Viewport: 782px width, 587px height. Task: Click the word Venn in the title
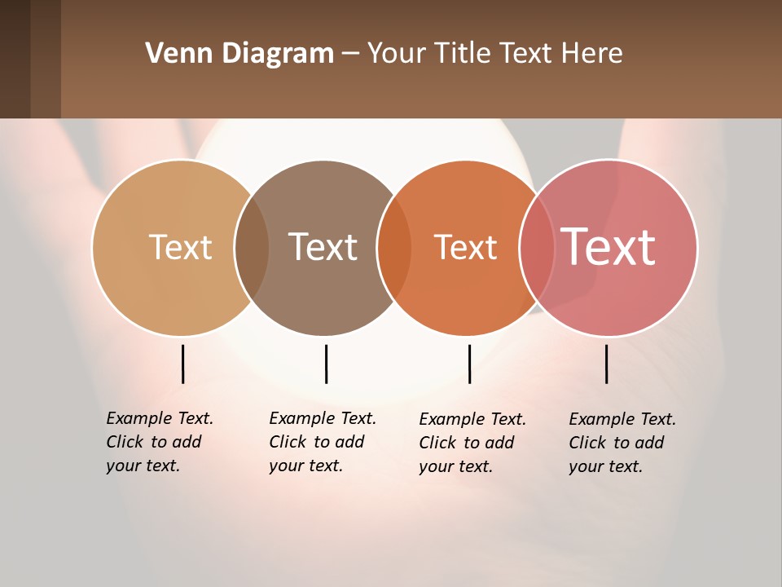[x=178, y=54]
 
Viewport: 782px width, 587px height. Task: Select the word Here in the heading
[x=593, y=54]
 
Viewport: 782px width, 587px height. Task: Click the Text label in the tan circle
[x=180, y=247]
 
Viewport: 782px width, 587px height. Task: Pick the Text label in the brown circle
[x=323, y=247]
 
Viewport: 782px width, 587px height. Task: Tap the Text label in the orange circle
[x=465, y=247]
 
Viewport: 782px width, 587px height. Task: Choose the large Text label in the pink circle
[x=608, y=247]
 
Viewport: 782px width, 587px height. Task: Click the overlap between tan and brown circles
[x=252, y=247]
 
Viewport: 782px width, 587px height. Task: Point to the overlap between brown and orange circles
[x=394, y=247]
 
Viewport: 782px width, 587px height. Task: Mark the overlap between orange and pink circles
[x=537, y=247]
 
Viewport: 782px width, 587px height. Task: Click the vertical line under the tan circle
[x=182, y=364]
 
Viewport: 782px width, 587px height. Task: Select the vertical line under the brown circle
[x=326, y=364]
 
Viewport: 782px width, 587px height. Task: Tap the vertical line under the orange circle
[x=469, y=364]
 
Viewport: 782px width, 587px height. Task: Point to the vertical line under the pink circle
[x=606, y=364]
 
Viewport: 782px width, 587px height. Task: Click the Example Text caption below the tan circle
[x=159, y=442]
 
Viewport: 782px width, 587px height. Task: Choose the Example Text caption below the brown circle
[x=322, y=442]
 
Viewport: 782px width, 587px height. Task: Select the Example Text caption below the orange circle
[x=472, y=443]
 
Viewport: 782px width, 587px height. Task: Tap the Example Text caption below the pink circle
[x=622, y=443]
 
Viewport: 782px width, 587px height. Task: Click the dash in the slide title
[x=350, y=55]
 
